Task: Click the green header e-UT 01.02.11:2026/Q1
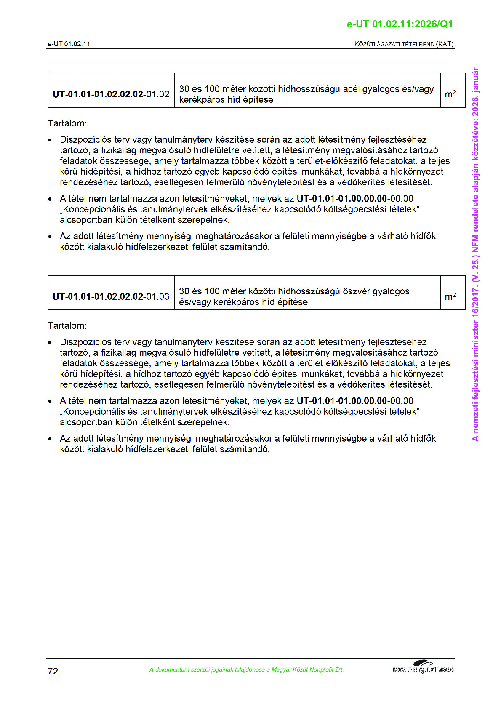pos(400,24)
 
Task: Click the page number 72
pos(53,671)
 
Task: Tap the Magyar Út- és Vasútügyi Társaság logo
pos(423,667)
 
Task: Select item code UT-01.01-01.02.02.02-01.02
pos(111,94)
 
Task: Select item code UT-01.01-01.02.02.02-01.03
pos(111,296)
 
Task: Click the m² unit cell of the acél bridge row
pos(450,94)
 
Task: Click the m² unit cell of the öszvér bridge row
pos(450,296)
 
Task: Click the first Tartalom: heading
pos(67,123)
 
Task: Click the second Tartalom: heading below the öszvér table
pos(67,325)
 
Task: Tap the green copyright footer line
pos(246,669)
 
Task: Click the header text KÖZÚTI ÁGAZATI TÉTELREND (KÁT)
pos(404,44)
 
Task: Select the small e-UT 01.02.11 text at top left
pos(69,44)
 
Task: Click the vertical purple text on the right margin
pos(475,254)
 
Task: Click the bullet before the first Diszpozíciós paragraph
pos(50,140)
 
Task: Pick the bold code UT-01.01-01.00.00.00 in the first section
pos(341,199)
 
